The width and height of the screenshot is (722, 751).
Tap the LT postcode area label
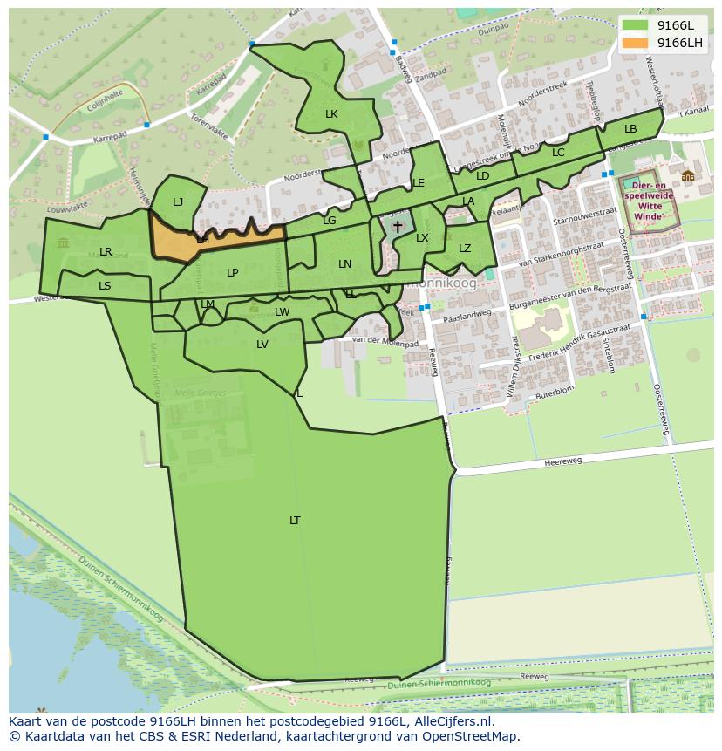click(295, 521)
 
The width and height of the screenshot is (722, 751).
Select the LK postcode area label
click(331, 114)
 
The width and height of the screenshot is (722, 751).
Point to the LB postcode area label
click(630, 129)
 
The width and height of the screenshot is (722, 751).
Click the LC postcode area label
click(558, 153)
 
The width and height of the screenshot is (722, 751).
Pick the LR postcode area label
click(106, 252)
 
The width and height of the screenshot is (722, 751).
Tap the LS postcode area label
click(105, 286)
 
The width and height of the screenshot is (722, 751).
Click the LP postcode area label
click(233, 273)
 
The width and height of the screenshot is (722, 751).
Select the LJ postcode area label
click(178, 202)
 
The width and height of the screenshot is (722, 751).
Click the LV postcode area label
click(262, 345)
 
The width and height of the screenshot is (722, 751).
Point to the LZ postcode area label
click(465, 249)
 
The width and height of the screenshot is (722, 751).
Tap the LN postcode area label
click(345, 264)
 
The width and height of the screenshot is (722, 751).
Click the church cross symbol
click(398, 227)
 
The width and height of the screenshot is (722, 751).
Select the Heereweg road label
click(562, 463)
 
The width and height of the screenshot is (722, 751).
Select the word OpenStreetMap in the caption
click(473, 736)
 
